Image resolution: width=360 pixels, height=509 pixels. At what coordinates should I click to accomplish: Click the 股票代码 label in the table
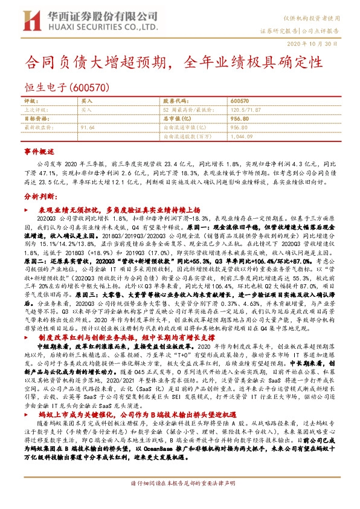176,101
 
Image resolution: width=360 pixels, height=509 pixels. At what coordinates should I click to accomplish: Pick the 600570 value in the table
240,101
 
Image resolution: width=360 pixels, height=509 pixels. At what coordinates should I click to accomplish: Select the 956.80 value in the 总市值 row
240,119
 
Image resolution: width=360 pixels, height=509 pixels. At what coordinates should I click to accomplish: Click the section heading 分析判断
39,196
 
